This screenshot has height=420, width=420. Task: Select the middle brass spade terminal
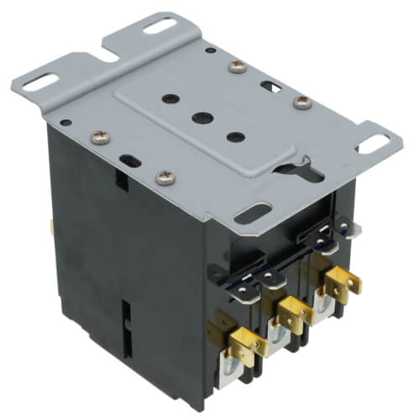click(290, 311)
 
